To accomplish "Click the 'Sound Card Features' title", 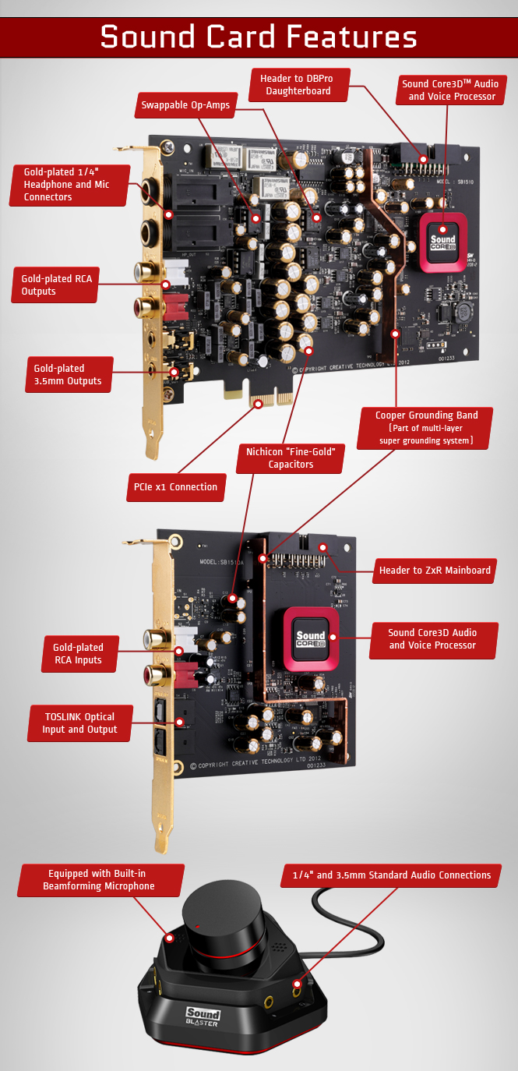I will point(259,36).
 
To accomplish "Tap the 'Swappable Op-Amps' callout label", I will point(185,105).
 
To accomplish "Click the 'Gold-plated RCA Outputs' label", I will point(55,285).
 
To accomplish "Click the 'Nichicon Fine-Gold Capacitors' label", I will point(291,458).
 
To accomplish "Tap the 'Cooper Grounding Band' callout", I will point(426,427).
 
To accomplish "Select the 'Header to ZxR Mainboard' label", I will point(435,571).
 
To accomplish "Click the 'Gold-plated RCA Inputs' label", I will point(78,653).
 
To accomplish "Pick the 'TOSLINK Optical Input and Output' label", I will point(79,723).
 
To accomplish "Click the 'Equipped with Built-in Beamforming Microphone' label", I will point(100,880).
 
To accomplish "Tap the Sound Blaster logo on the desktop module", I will point(203,1016).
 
